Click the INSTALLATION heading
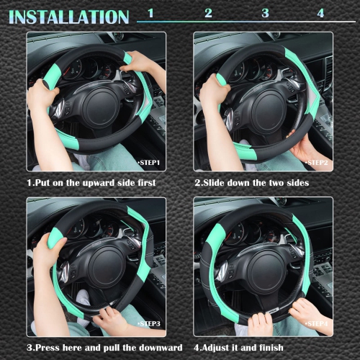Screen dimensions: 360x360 (x=68, y=16)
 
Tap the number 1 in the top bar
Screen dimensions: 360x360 (x=150, y=13)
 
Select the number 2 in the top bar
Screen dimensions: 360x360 (x=208, y=13)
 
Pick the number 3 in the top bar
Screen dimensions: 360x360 (x=265, y=13)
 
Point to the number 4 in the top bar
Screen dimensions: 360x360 (x=320, y=13)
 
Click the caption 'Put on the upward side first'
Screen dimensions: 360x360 (x=91, y=183)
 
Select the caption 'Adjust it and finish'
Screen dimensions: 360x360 (x=243, y=348)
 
